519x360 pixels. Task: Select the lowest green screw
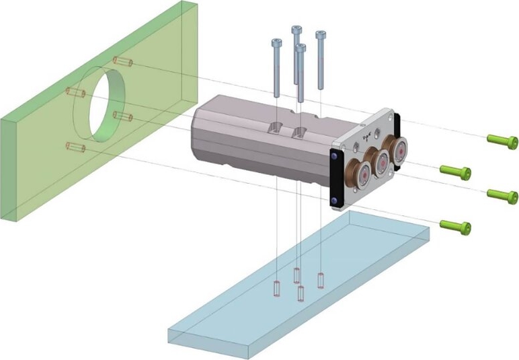click(455, 225)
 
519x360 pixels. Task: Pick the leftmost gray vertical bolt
click(276, 67)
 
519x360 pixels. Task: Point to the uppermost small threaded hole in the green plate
click(122, 63)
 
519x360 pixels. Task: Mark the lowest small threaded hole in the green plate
click(74, 146)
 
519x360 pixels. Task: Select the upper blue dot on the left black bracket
click(335, 156)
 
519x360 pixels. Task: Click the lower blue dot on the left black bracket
click(335, 200)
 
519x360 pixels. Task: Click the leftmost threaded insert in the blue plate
click(276, 287)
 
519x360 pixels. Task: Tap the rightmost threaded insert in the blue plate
click(321, 278)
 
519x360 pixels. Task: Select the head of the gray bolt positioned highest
click(296, 30)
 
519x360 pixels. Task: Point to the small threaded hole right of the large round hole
click(122, 116)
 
